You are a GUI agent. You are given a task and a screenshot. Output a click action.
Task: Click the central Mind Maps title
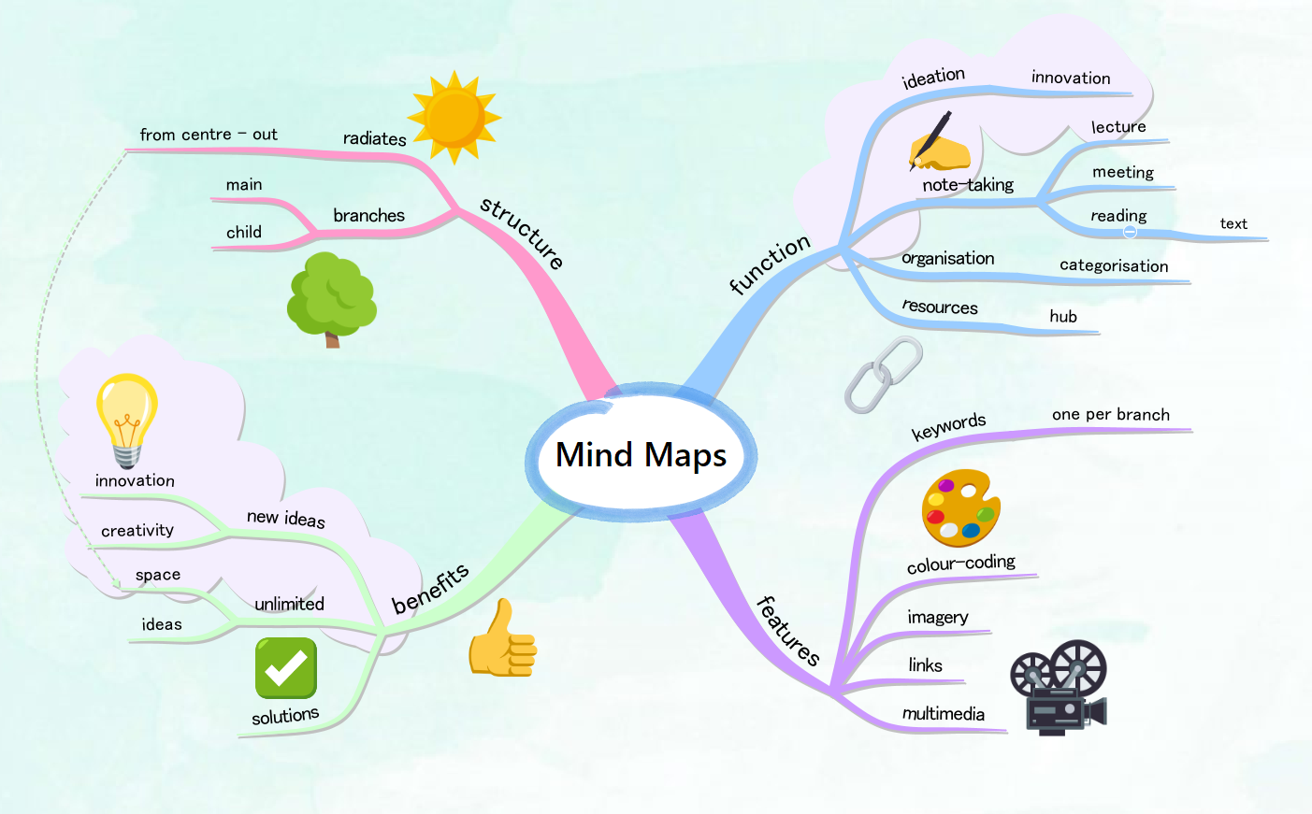641,455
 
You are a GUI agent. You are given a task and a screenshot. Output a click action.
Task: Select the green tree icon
331,298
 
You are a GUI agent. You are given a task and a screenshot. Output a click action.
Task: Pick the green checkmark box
286,667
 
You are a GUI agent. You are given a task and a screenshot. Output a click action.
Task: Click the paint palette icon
960,507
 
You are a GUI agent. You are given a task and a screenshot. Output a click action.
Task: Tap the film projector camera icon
1059,687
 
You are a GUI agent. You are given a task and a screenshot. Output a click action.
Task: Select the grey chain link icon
883,374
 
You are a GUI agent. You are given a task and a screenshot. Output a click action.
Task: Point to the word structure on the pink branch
522,233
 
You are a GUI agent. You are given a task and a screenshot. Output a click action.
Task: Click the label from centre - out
209,135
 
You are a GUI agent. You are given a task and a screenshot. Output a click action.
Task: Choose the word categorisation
1114,265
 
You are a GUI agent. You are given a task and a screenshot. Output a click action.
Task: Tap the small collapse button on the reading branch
1130,231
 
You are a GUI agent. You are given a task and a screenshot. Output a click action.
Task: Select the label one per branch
1110,414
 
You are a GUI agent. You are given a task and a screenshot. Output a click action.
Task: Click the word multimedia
943,714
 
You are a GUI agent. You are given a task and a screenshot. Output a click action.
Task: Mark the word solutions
285,716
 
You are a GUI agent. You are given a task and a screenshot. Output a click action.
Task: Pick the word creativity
137,530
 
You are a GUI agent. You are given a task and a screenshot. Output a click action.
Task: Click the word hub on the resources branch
1063,316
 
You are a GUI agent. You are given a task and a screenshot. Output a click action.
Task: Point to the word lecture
1118,126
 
